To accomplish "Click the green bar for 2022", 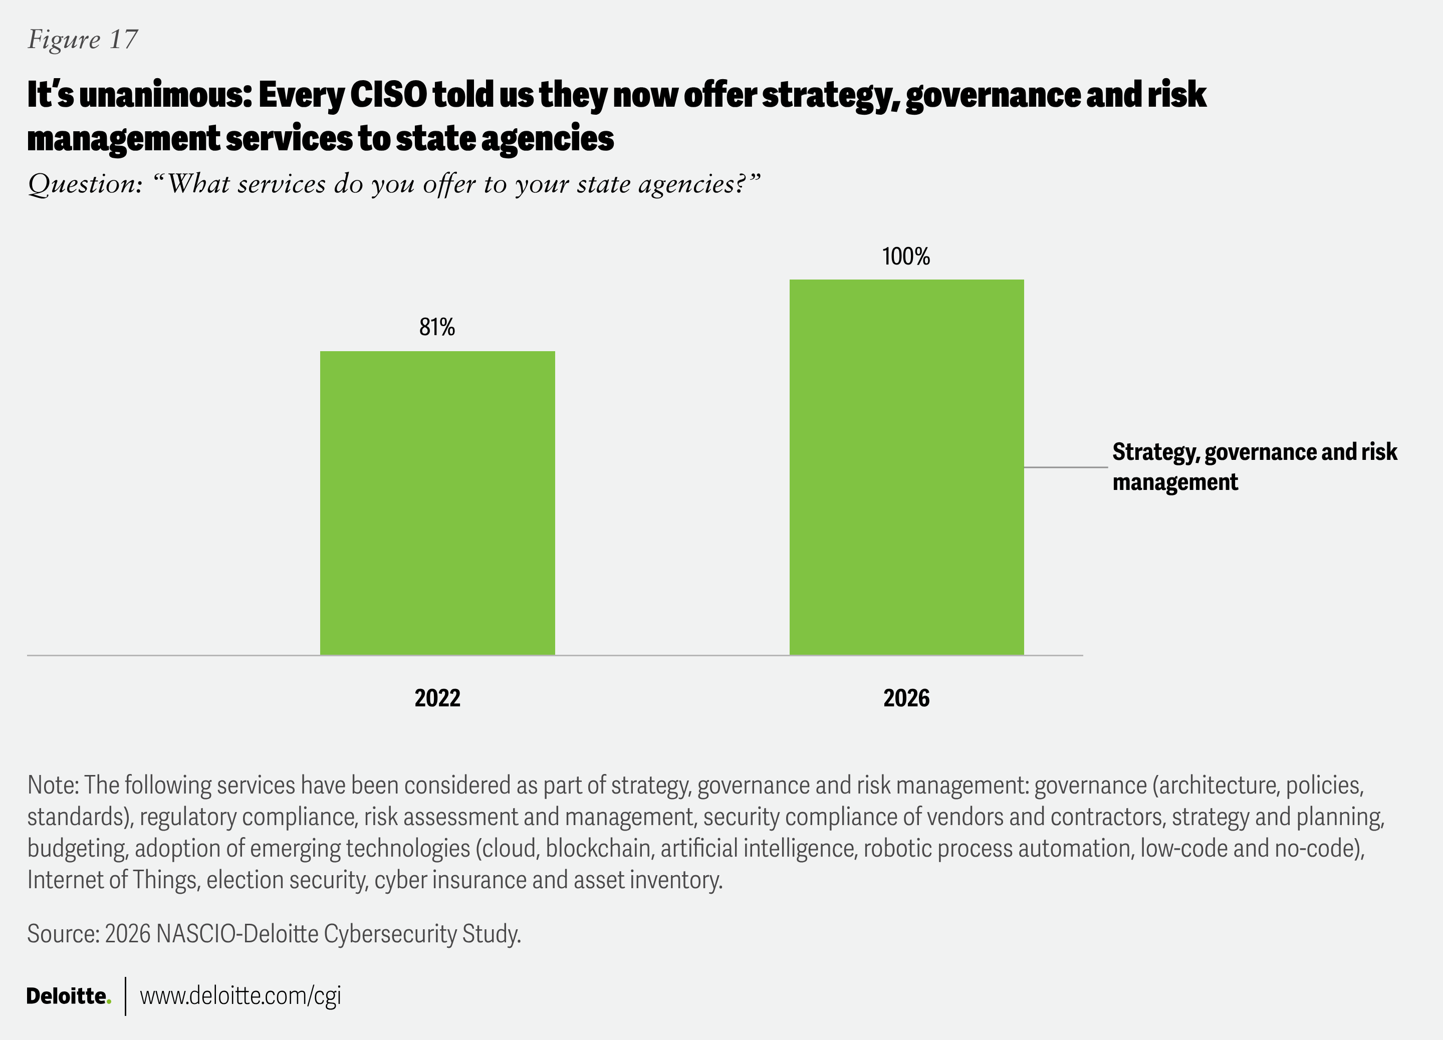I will (437, 502).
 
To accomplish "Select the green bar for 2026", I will (907, 467).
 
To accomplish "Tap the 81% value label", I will (437, 327).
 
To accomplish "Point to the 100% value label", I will (906, 256).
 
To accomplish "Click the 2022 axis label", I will (437, 698).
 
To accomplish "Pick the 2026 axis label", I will (906, 698).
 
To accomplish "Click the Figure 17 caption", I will (83, 40).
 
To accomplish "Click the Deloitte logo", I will (68, 996).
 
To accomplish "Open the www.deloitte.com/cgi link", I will (241, 996).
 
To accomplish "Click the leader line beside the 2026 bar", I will (1066, 467).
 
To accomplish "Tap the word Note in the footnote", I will (52, 785).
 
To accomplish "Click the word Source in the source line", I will (62, 934).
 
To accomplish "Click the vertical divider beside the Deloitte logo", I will (126, 996).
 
